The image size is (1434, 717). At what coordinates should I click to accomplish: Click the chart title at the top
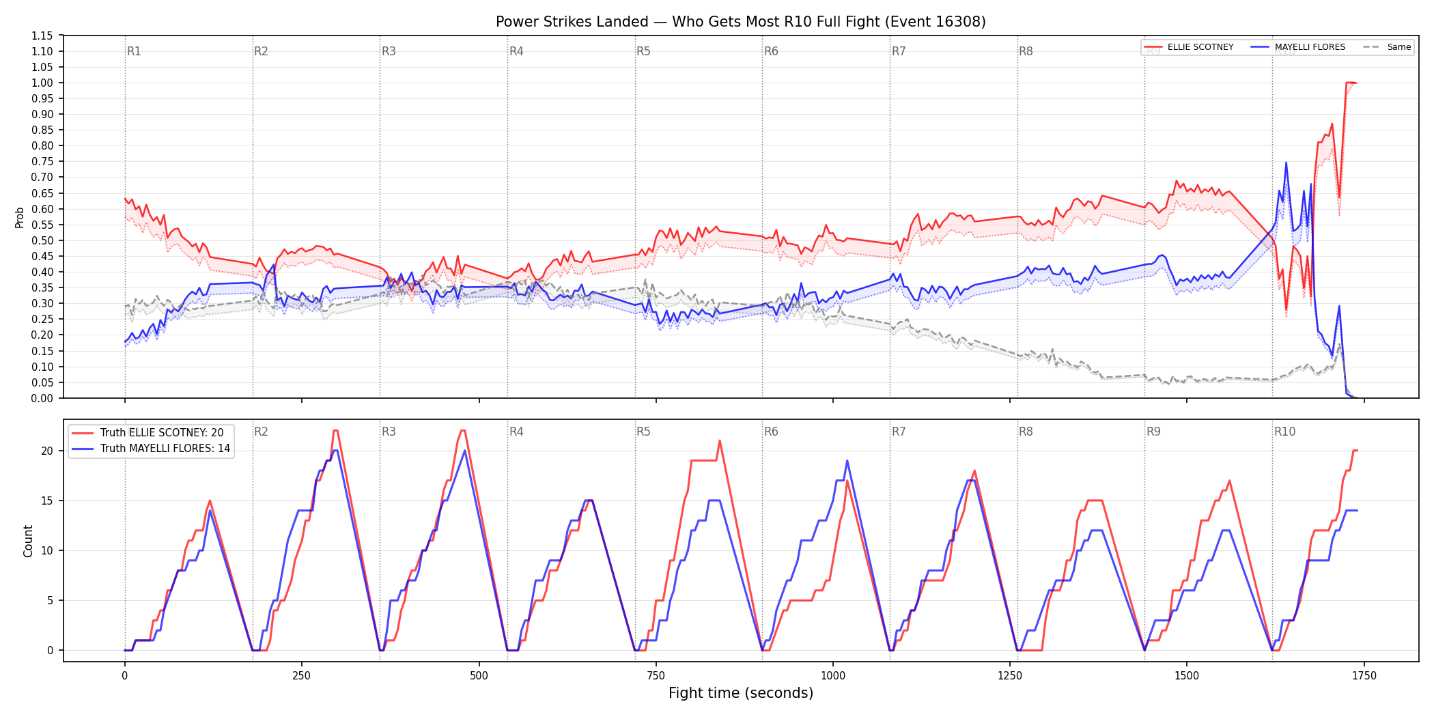tap(740, 22)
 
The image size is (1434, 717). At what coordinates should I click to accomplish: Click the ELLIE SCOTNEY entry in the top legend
tap(1200, 47)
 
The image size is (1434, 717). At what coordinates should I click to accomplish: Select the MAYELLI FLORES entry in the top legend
tap(1310, 47)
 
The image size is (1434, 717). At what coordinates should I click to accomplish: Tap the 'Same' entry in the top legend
tap(1398, 47)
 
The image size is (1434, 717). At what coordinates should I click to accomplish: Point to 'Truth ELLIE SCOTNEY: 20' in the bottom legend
tap(162, 432)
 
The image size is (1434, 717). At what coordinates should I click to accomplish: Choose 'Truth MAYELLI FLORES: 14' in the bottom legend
tap(165, 449)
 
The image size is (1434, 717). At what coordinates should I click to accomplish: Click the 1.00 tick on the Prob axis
tap(42, 83)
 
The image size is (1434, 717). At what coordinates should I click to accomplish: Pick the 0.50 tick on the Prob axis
tap(42, 240)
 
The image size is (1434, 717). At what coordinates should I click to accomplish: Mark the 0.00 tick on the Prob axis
tap(42, 398)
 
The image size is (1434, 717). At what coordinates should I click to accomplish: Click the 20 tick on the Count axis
tap(47, 451)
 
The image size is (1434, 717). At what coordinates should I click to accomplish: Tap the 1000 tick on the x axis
tap(832, 676)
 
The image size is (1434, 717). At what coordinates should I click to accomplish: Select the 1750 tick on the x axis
tap(1364, 676)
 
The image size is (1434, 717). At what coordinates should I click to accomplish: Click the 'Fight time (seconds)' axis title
tap(740, 693)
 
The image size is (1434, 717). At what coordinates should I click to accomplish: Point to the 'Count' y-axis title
tap(28, 541)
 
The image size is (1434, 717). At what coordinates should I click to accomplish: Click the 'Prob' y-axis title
tap(19, 217)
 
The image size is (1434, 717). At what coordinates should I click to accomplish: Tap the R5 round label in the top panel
tap(643, 51)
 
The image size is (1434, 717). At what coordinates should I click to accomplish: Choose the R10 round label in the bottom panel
tap(1284, 432)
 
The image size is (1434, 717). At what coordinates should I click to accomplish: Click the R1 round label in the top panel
tap(134, 51)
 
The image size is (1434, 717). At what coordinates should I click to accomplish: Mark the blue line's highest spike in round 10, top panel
tap(1286, 163)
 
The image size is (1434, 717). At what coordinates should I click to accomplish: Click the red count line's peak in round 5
tap(720, 440)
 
